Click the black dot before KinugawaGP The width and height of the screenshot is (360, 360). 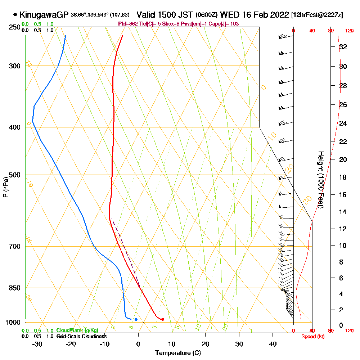pos(15,15)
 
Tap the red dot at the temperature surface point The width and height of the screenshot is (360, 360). pos(163,319)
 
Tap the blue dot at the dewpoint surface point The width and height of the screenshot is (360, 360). pos(136,319)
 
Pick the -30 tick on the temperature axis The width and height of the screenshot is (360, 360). pos(37,344)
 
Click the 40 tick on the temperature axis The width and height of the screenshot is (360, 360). pos(273,344)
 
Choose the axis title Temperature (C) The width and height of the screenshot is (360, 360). pos(178,353)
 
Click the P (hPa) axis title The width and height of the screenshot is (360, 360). pos(6,187)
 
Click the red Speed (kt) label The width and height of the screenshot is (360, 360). pos(312,336)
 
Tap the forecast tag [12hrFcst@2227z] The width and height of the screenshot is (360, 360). pos(318,15)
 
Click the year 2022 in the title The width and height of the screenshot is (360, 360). pos(279,15)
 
